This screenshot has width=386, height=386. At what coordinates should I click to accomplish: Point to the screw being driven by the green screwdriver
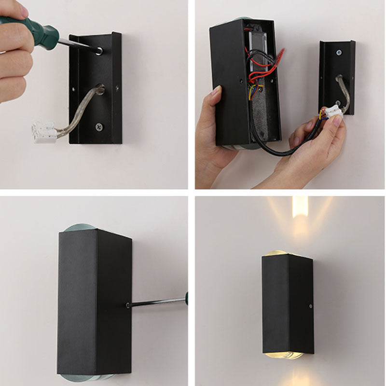(x=98, y=50)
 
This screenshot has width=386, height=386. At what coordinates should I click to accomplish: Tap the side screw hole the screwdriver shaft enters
(x=127, y=305)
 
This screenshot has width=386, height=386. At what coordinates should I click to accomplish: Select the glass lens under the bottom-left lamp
(x=87, y=378)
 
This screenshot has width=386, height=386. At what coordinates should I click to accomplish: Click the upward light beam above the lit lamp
(x=300, y=217)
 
